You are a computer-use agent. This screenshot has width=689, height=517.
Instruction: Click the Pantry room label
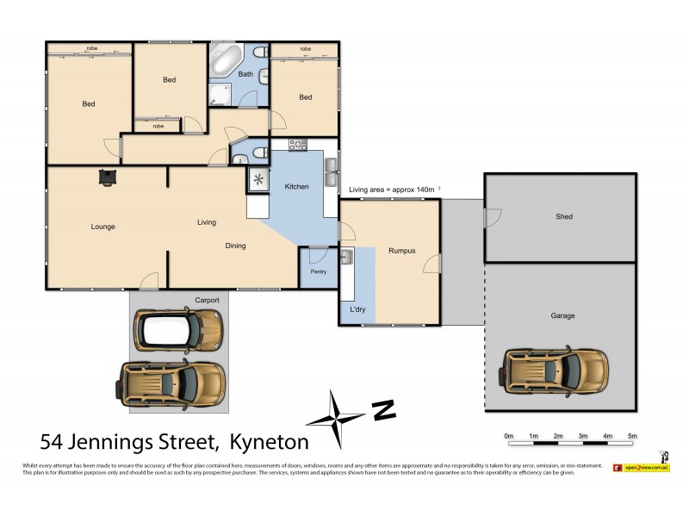[318, 271]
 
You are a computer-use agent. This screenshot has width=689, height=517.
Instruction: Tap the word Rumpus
[401, 251]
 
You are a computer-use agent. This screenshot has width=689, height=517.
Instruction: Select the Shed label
[563, 216]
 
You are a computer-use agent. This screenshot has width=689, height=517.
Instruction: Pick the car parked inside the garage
[556, 368]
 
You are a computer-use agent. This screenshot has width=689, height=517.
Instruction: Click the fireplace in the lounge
[107, 177]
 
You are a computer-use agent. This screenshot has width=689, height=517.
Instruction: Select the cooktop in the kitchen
[298, 145]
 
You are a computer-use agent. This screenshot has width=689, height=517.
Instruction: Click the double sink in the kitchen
[331, 173]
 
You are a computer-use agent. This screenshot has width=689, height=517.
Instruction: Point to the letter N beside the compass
[383, 410]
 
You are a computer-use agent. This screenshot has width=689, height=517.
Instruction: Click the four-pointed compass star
[335, 419]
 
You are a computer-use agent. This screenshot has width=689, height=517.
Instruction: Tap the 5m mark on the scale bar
[632, 437]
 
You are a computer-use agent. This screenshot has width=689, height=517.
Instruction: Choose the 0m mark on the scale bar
[508, 437]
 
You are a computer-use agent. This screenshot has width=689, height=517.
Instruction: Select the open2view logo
[641, 467]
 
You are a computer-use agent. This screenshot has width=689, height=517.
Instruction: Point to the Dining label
[235, 246]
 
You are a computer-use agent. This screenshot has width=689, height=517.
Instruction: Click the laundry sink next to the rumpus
[346, 257]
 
